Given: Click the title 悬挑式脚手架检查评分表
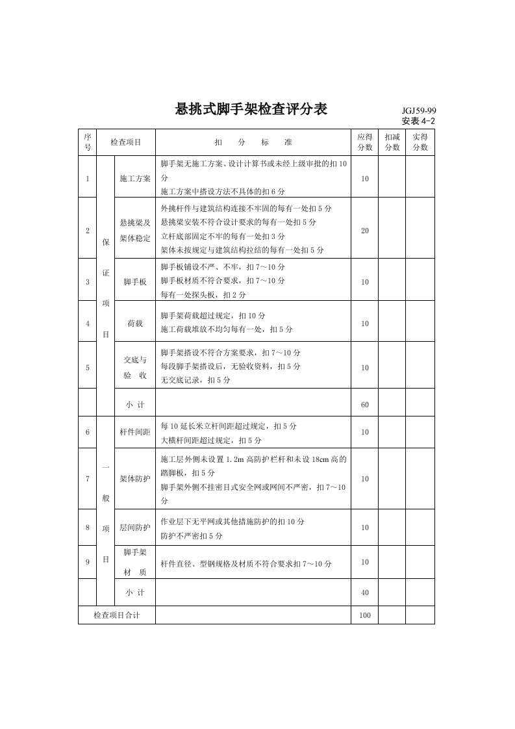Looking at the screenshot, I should click(251, 109).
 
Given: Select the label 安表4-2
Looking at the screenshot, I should click(418, 121).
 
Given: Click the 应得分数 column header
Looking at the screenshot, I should click(364, 142).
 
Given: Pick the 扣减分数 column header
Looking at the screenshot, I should click(392, 142).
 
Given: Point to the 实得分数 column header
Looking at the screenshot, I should click(420, 142).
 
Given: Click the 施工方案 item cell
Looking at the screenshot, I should click(135, 178).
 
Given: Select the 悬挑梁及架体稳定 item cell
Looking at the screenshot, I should click(135, 231).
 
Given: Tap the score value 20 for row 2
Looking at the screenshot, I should click(364, 231).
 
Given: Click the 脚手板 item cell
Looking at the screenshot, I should click(135, 282).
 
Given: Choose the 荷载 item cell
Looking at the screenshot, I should click(135, 323).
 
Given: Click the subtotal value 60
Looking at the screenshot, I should click(364, 404).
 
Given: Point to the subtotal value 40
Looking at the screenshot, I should click(364, 593).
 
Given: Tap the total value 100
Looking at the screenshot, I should click(364, 615).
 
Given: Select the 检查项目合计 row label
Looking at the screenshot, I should click(116, 615).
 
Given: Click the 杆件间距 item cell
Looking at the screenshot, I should click(135, 431).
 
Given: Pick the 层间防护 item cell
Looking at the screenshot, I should click(135, 528).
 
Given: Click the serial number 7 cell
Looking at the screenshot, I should click(87, 479).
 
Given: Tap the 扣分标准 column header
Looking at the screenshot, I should click(253, 142).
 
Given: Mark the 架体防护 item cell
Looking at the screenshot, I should click(135, 479).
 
